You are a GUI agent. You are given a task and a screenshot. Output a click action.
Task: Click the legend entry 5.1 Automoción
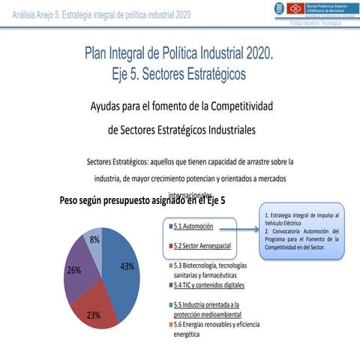tap(193, 226)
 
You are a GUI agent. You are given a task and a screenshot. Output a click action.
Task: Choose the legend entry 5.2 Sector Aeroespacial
tap(201, 246)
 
